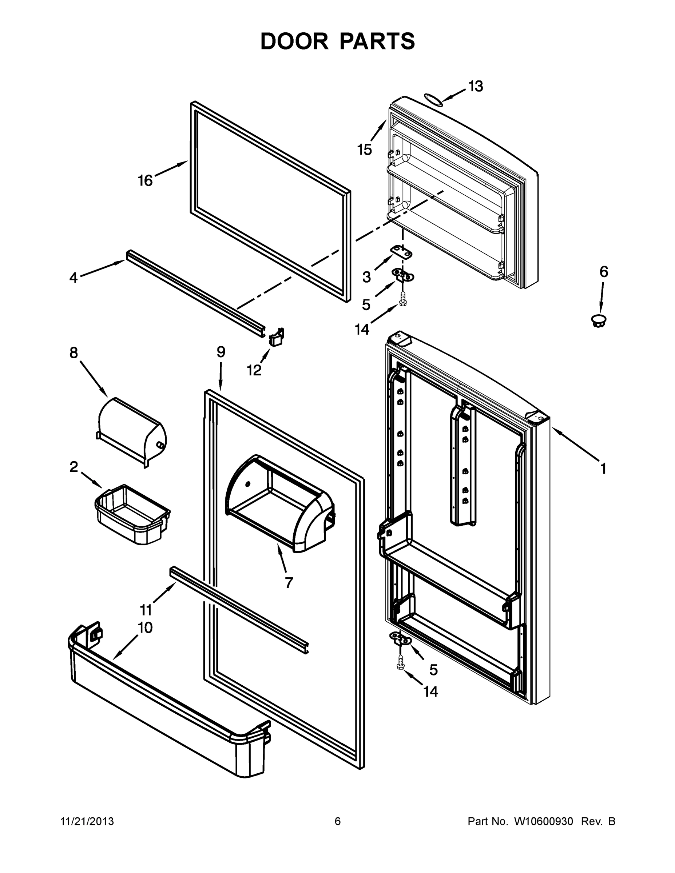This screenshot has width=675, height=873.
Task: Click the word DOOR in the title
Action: click(x=294, y=41)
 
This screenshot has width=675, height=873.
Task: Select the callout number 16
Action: click(x=145, y=181)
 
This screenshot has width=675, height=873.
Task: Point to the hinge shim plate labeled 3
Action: click(x=401, y=253)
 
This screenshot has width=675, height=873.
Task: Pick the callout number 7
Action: click(x=289, y=583)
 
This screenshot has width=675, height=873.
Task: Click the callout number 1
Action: click(x=603, y=468)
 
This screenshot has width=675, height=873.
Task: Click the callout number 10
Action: click(x=145, y=628)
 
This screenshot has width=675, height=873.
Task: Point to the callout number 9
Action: click(x=221, y=352)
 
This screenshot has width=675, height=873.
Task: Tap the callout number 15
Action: click(x=364, y=150)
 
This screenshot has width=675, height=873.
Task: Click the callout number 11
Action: click(x=146, y=610)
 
